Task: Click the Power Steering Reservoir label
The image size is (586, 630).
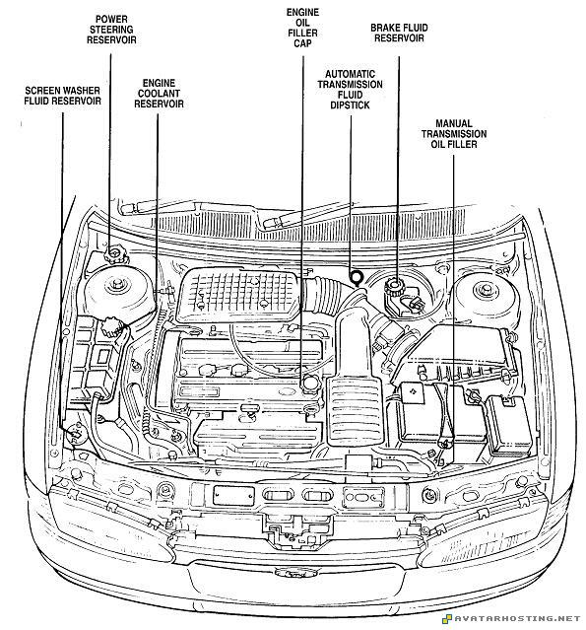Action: [111, 30]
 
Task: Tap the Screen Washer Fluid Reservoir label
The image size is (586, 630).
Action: [62, 96]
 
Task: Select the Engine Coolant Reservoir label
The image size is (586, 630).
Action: [159, 94]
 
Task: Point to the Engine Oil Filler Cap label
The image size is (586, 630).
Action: [302, 28]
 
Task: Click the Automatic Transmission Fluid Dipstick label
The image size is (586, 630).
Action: [350, 90]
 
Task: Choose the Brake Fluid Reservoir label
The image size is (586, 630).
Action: [399, 33]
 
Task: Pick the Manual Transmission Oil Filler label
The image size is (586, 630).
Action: [454, 134]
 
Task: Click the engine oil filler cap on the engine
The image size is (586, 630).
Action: [311, 381]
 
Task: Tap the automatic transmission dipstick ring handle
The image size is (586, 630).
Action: [356, 277]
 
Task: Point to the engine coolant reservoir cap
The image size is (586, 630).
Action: [111, 326]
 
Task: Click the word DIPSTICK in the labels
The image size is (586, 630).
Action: [350, 105]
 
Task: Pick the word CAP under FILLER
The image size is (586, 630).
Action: [302, 43]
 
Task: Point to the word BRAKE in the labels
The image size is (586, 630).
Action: [385, 28]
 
